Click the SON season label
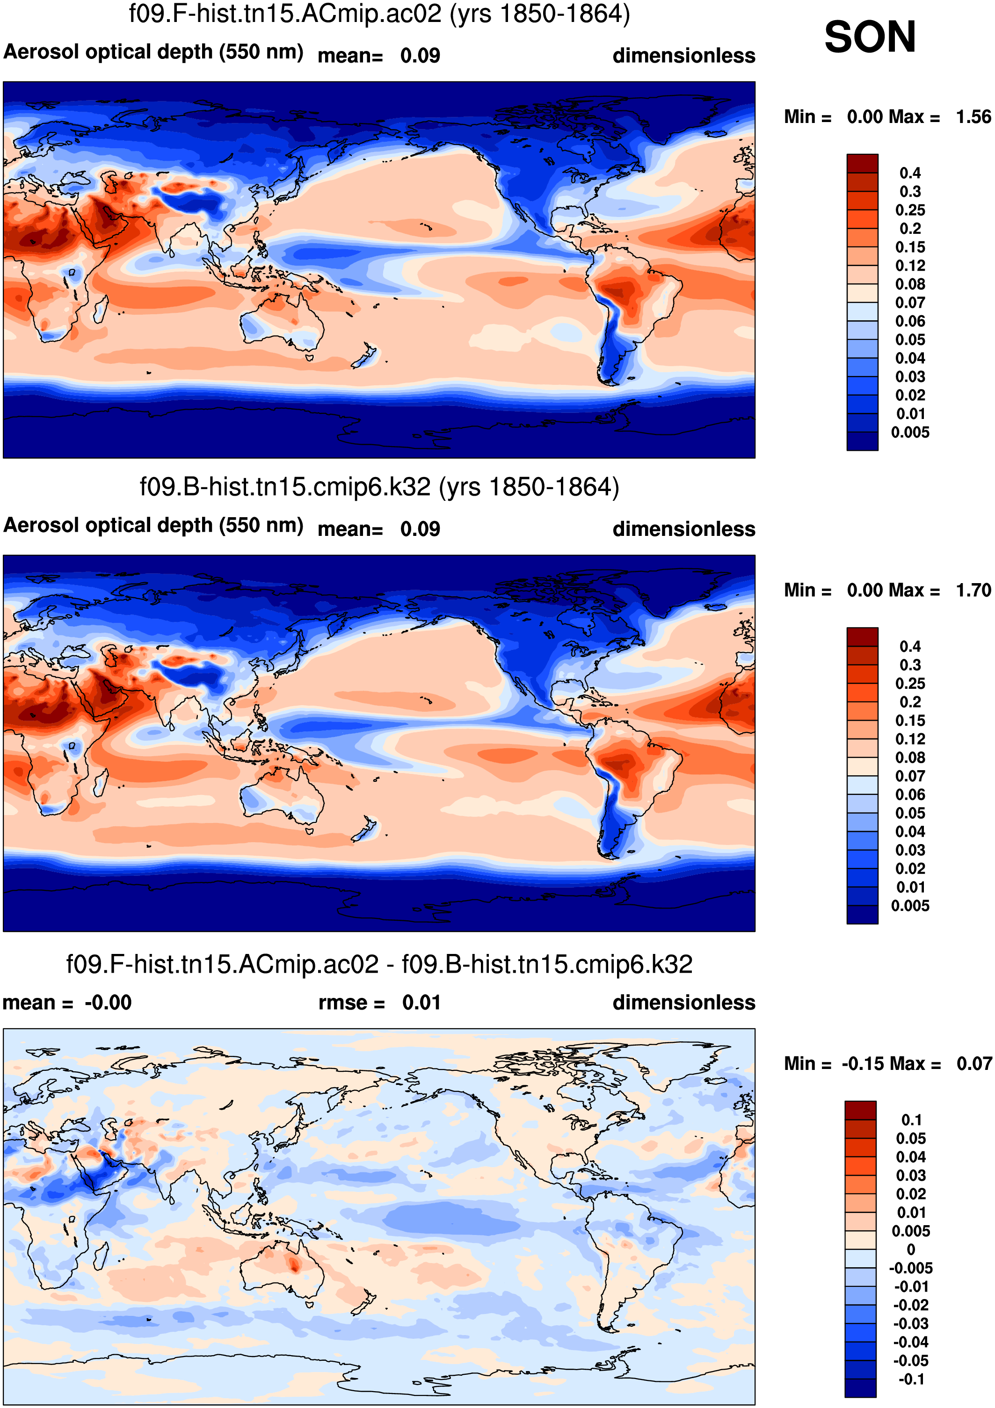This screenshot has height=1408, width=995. tap(869, 37)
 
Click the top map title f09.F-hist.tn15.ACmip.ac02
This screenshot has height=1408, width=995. tap(379, 14)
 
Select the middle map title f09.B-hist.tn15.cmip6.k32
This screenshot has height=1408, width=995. tap(379, 488)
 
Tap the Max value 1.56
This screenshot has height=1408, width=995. tap(973, 116)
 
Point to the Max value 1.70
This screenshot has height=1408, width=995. tap(973, 590)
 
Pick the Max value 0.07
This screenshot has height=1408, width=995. tap(973, 1064)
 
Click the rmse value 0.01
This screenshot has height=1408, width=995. tap(421, 1003)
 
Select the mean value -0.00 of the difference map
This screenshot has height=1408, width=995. tap(108, 1003)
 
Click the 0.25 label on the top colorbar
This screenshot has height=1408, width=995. tap(910, 210)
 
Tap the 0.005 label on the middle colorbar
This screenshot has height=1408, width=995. tap(910, 906)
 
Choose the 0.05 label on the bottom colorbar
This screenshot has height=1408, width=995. tap(911, 1139)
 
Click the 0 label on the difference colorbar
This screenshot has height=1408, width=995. tap(911, 1250)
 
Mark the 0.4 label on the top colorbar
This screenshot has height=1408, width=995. tap(910, 173)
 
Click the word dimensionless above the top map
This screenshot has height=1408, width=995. tap(683, 56)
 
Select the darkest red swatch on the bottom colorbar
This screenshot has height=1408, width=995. tap(860, 1110)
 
